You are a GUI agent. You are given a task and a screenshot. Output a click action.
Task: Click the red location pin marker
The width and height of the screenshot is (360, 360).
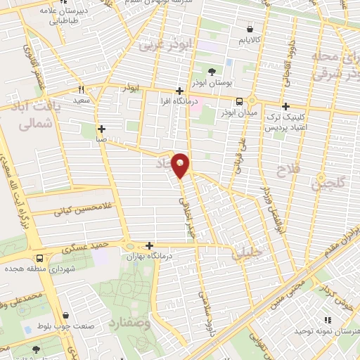pyautogui.click(x=181, y=165)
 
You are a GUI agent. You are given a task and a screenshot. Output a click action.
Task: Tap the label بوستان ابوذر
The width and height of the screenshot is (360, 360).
pyautogui.click(x=212, y=83)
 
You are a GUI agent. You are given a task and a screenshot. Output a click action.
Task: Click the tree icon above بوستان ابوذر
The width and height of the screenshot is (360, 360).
pyautogui.click(x=212, y=71)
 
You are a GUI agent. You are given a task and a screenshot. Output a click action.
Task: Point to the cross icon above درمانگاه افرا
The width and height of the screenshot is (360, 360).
pyautogui.click(x=180, y=91)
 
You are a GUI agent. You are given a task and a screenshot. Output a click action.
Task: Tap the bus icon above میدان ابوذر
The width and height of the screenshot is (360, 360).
pyautogui.click(x=240, y=101)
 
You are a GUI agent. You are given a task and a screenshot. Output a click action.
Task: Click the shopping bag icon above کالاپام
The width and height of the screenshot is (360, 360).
pyautogui.click(x=251, y=29)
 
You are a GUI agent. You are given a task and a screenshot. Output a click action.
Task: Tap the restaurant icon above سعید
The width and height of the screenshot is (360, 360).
pyautogui.click(x=82, y=90)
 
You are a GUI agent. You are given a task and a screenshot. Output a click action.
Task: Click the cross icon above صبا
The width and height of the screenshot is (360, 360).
pyautogui.click(x=102, y=129)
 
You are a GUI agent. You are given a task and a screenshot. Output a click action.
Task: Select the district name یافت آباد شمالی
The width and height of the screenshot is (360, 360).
pyautogui.click(x=34, y=115)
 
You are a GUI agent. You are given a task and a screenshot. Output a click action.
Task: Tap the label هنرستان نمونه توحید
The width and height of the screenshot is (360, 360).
pyautogui.click(x=326, y=330)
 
